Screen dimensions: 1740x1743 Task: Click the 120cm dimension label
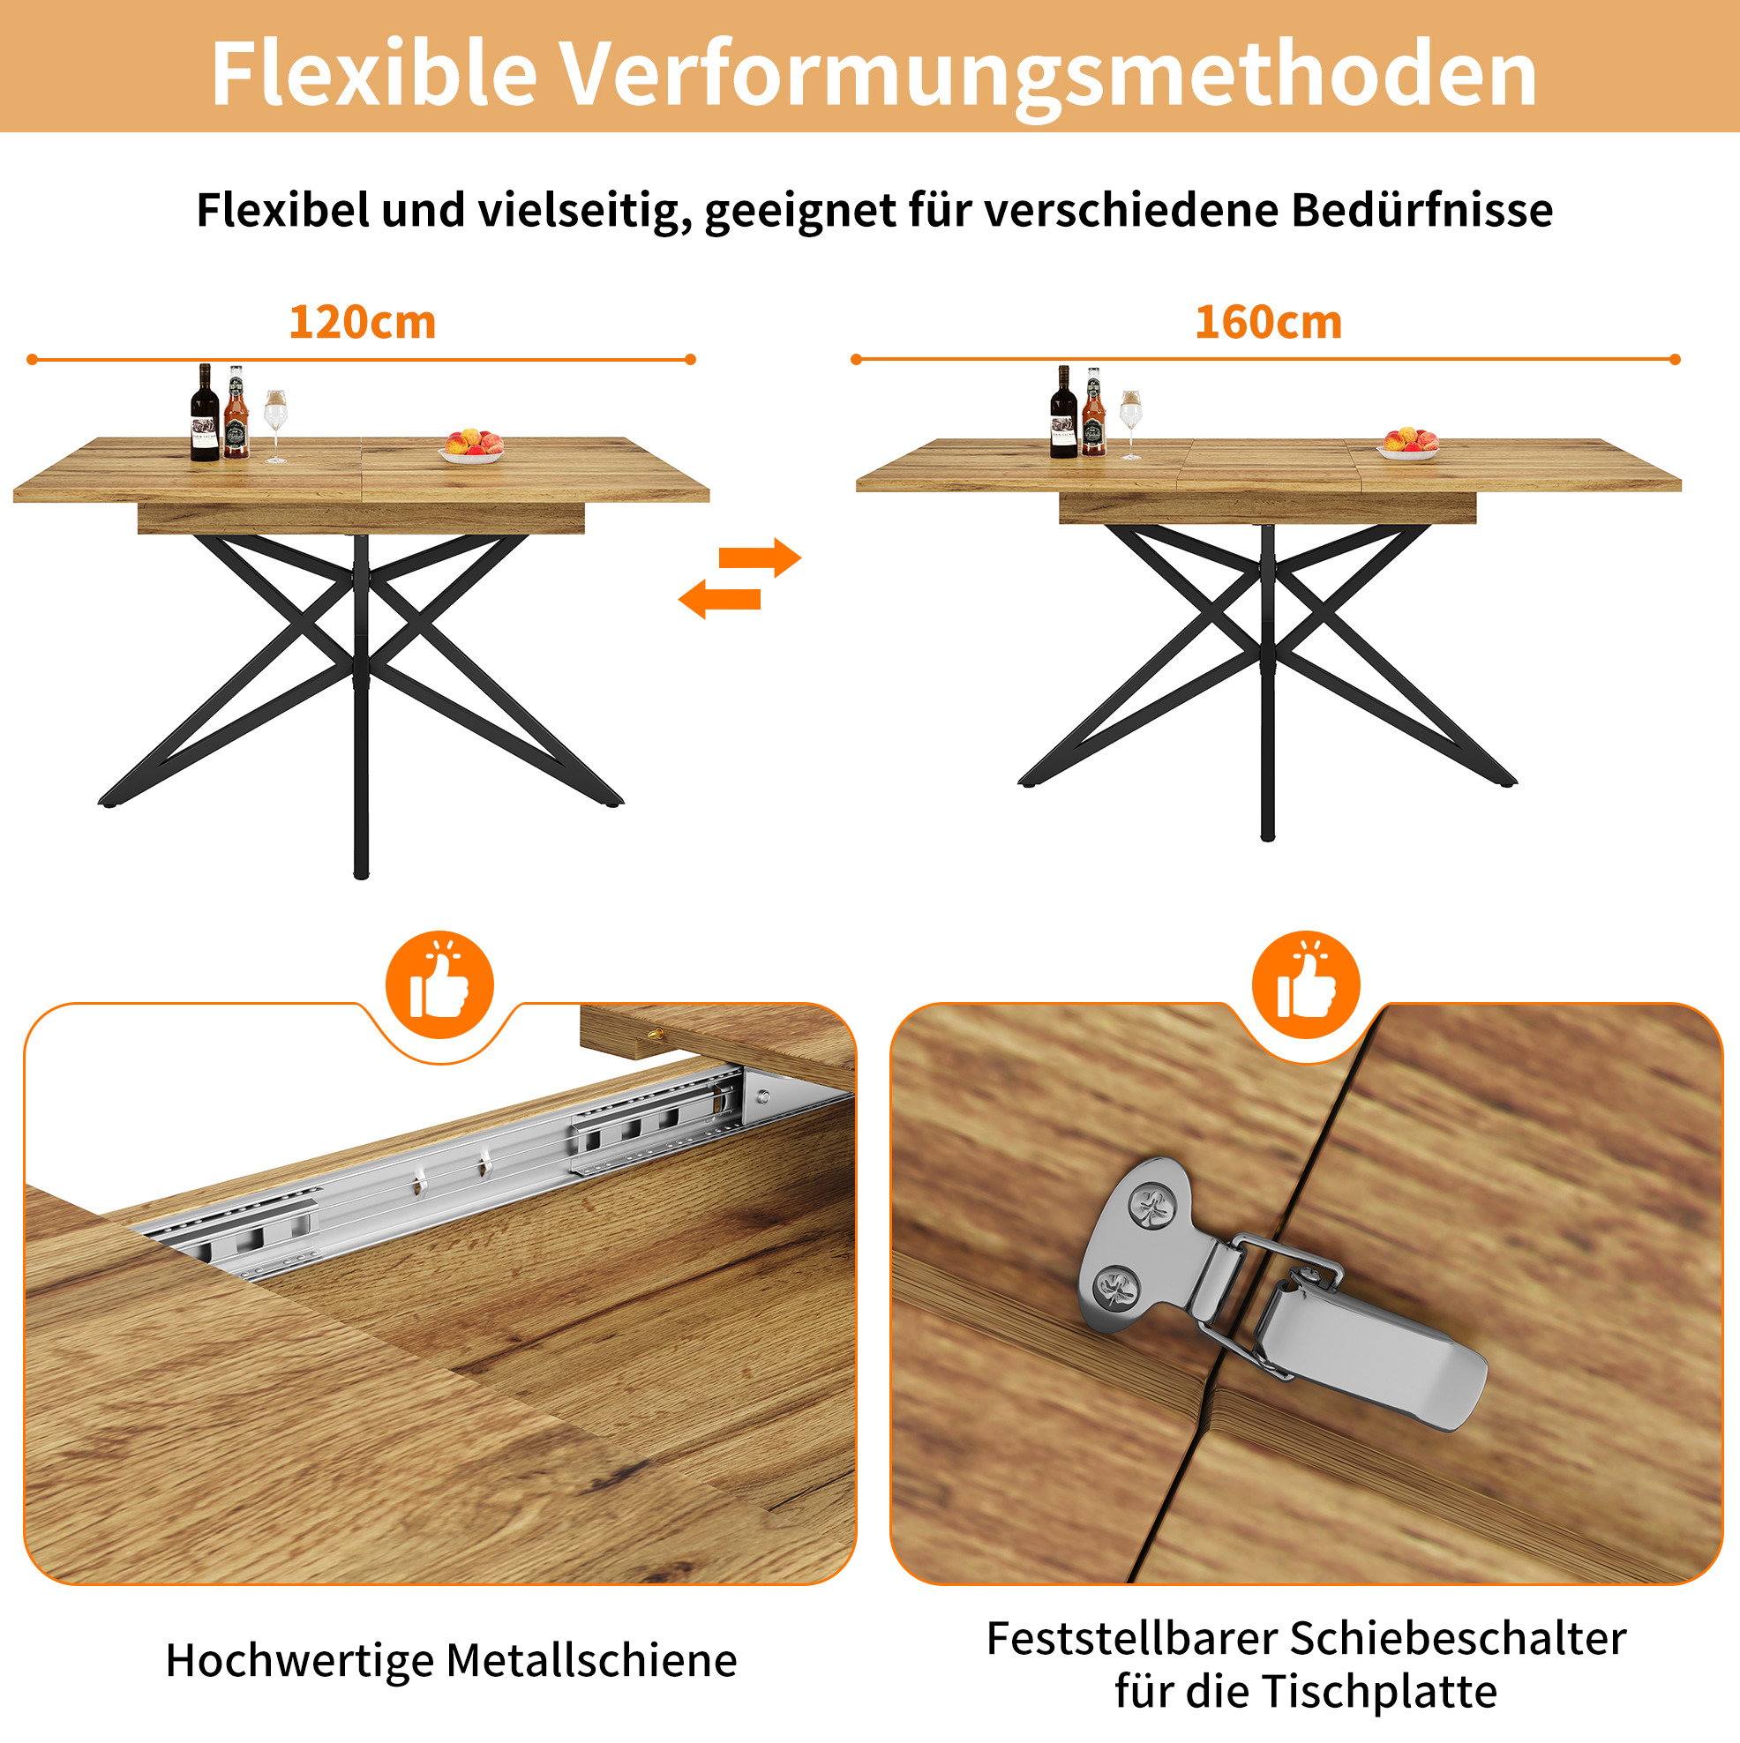coord(362,322)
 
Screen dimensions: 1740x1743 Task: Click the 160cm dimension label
coord(1268,322)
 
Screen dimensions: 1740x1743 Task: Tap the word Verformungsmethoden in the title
coord(1047,75)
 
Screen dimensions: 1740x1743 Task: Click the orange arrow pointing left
coord(719,599)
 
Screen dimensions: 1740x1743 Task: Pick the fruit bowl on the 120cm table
coord(472,447)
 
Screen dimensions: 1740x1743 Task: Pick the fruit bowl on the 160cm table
coord(1409,444)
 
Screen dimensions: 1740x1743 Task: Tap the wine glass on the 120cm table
coord(275,426)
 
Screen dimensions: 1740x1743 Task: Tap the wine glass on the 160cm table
coord(1130,425)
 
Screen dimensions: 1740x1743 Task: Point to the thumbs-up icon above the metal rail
coord(439,984)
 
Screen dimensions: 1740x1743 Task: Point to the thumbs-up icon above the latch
coord(1306,984)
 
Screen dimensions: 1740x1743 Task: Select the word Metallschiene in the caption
coord(591,1660)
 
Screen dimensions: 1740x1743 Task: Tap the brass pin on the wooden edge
coord(658,1034)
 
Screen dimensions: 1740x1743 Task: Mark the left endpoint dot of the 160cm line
coord(856,359)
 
